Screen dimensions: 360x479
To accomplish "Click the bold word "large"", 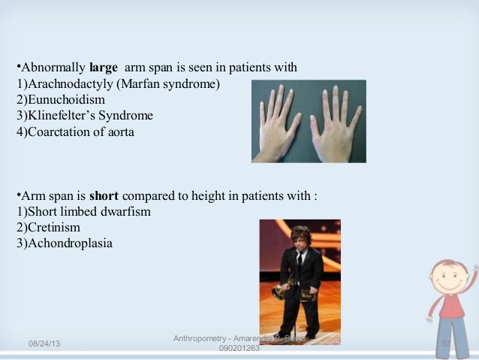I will [x=104, y=68].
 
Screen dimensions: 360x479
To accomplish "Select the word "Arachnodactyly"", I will [x=64, y=83].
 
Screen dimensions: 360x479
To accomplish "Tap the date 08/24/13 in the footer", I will [x=44, y=343].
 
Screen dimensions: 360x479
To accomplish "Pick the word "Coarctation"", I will [x=58, y=132].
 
